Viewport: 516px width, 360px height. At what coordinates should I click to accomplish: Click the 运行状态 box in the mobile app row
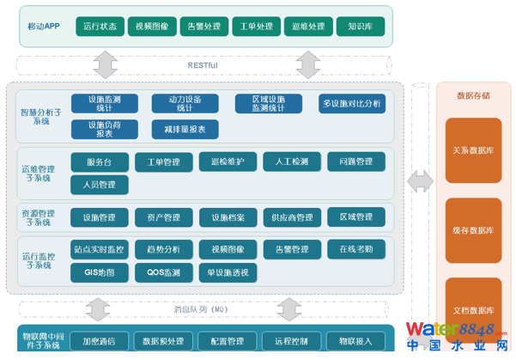(x=100, y=26)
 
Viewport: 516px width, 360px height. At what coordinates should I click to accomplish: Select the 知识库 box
(x=360, y=26)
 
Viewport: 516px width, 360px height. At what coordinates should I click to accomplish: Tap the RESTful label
(x=203, y=65)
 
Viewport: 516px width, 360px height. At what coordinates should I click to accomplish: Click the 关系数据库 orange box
(x=473, y=150)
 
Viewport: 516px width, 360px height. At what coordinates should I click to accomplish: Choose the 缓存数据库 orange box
(x=473, y=230)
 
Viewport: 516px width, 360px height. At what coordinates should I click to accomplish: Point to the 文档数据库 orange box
(x=473, y=310)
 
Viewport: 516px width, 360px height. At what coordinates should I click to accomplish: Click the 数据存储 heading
(x=473, y=95)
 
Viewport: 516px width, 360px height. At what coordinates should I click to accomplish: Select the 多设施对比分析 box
(x=352, y=104)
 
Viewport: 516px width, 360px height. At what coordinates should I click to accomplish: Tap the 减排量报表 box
(x=185, y=129)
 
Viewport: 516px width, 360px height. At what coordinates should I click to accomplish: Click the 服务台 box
(x=100, y=162)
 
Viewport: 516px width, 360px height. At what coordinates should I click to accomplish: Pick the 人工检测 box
(x=291, y=162)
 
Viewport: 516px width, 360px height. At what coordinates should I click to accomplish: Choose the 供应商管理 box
(x=291, y=217)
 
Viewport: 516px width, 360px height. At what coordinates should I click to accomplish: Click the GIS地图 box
(x=100, y=272)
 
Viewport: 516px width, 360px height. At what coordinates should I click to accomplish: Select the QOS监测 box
(x=164, y=272)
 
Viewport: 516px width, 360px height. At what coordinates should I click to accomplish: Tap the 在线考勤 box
(x=355, y=249)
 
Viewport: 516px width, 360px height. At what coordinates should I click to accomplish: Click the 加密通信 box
(x=100, y=341)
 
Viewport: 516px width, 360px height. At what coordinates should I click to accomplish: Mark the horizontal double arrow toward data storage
(x=420, y=181)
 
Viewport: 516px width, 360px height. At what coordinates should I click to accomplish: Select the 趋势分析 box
(x=164, y=249)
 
